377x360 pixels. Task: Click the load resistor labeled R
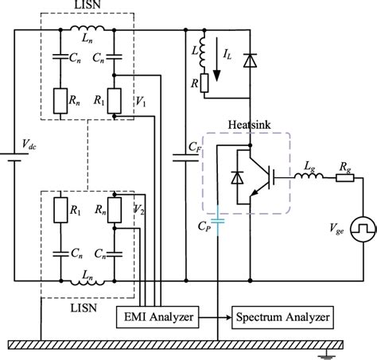click(x=204, y=82)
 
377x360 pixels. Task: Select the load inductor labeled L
click(x=204, y=48)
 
